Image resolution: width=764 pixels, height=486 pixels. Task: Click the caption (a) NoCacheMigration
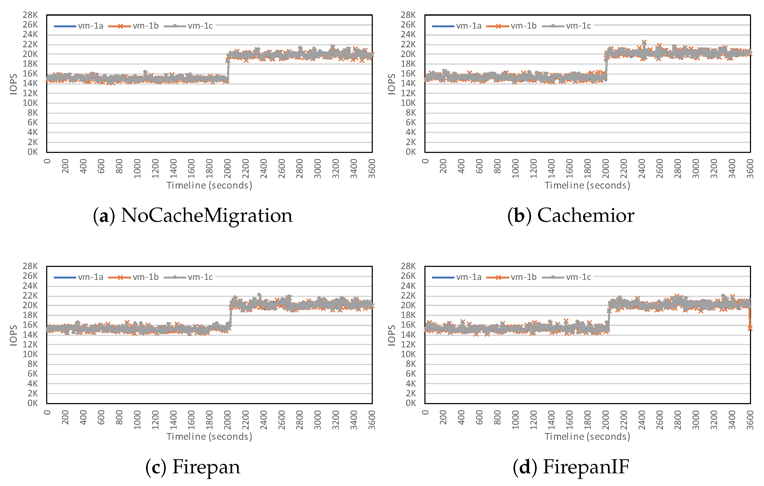point(192,216)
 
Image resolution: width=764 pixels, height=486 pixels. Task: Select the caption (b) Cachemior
point(570,216)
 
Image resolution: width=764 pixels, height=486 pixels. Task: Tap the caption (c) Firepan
point(192,467)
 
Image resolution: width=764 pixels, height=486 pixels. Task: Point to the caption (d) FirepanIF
point(570,467)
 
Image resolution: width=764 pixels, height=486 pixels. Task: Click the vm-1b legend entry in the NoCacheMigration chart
point(134,26)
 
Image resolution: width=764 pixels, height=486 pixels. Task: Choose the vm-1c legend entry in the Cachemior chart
point(567,26)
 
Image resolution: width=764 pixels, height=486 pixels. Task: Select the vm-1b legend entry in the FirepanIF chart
point(512,277)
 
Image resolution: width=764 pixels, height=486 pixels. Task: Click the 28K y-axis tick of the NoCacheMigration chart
point(30,15)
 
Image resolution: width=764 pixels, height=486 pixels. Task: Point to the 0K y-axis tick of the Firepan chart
point(32,403)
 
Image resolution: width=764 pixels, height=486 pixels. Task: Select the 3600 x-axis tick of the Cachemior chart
point(750,169)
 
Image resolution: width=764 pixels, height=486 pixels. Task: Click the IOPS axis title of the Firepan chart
point(13,335)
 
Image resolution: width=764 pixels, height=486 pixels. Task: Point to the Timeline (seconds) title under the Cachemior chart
point(587,185)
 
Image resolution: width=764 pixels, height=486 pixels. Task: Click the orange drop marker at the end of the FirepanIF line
point(749,328)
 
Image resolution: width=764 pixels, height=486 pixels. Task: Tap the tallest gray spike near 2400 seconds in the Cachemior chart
point(644,42)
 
